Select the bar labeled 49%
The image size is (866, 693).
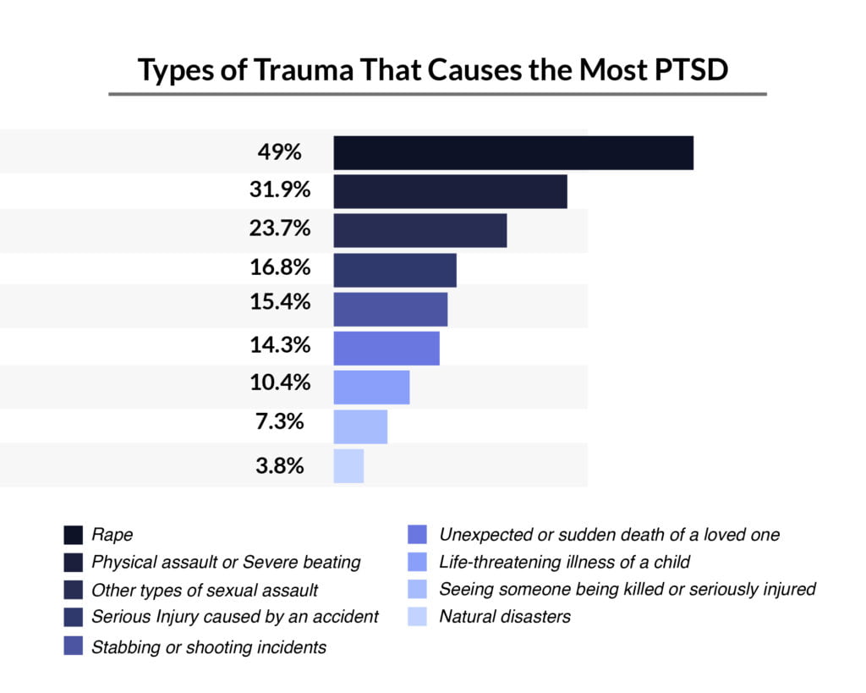513,152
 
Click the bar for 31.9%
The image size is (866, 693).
450,191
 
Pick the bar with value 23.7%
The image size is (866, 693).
420,230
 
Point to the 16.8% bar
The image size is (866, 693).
395,270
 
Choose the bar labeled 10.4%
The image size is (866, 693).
371,387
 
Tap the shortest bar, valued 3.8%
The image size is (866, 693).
348,465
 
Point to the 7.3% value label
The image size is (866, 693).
280,421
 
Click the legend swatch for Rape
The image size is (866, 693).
74,535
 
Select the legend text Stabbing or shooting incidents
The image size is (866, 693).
209,647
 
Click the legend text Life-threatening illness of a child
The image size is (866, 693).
565,561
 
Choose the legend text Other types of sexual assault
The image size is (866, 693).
205,589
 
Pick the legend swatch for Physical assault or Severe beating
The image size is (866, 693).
74,562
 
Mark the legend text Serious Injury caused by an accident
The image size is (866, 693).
235,616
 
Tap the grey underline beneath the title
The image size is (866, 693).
437,94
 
